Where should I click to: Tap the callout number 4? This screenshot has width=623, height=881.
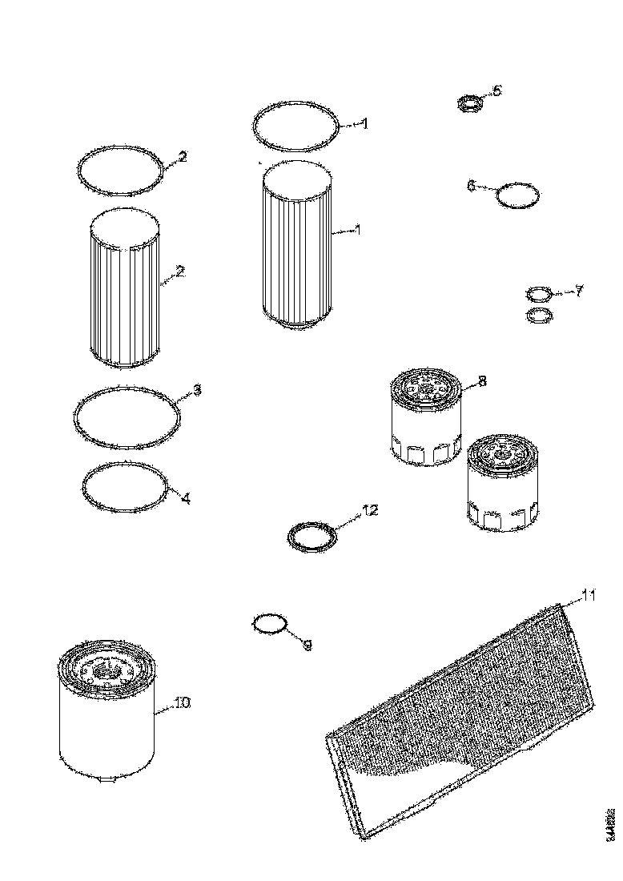186,498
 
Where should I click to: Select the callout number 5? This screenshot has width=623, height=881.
496,91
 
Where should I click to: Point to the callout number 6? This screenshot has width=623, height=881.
472,186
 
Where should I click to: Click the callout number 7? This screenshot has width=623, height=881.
579,290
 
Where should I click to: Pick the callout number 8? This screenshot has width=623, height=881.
482,381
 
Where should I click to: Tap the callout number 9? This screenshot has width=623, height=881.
307,643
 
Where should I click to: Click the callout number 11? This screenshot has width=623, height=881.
589,595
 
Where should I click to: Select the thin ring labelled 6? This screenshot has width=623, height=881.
517,195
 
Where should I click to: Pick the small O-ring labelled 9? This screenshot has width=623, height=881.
269,622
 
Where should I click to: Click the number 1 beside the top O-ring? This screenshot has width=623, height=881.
364,124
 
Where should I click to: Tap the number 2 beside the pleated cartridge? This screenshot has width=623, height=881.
180,272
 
